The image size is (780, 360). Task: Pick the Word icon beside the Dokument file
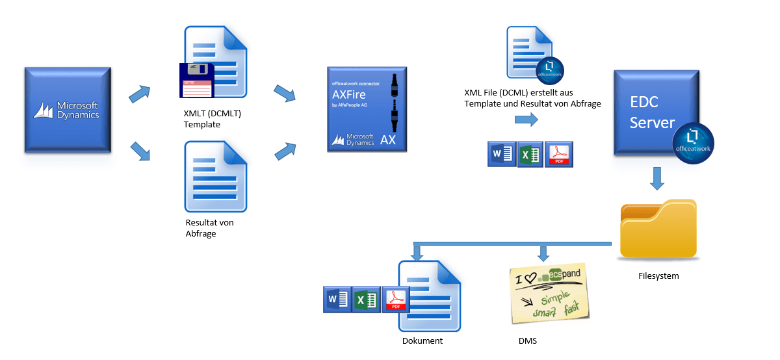point(337,300)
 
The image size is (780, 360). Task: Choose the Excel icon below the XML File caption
point(530,155)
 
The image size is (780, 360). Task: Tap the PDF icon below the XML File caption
point(559,155)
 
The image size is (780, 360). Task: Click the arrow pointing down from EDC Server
point(658,179)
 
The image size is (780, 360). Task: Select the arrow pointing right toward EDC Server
point(526,120)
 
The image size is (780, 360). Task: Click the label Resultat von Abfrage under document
point(209,228)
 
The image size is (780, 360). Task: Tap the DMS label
point(527,341)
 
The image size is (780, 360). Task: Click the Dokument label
point(422,341)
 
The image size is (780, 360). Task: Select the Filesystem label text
point(658,276)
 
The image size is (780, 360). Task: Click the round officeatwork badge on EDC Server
point(693,141)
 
